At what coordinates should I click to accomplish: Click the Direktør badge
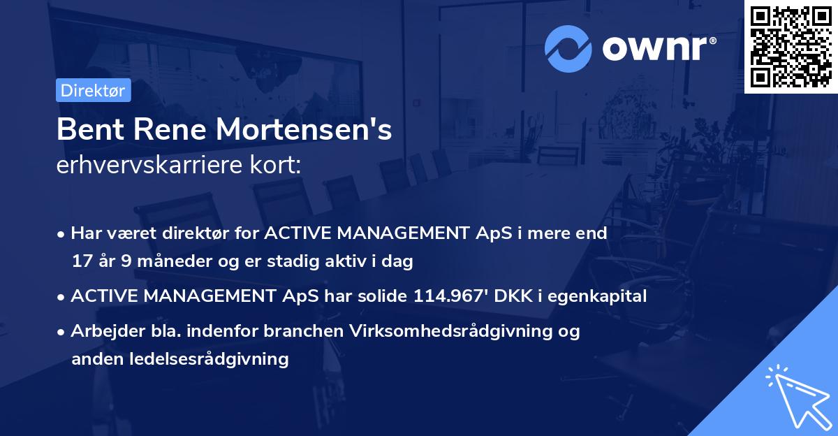pyautogui.click(x=93, y=90)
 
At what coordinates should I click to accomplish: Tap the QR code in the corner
pyautogui.click(x=791, y=46)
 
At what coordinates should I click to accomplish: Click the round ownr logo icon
pyautogui.click(x=567, y=48)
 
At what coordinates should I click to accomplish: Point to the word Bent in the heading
pyautogui.click(x=87, y=130)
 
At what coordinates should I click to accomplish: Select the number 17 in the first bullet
pyautogui.click(x=80, y=262)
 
